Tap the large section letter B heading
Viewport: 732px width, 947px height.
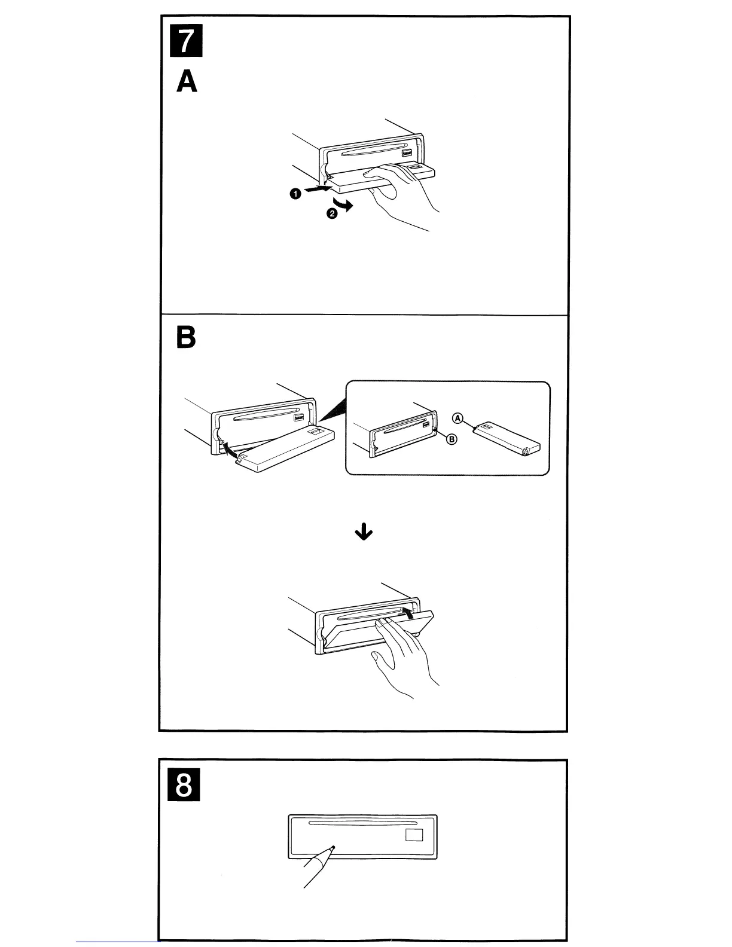point(186,338)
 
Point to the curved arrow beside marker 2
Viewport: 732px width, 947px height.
point(346,206)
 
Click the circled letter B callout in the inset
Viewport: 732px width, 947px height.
point(452,439)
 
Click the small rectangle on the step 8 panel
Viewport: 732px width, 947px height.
point(414,835)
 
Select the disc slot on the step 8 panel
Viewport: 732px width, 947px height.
point(353,823)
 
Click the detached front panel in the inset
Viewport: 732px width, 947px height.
point(507,439)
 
